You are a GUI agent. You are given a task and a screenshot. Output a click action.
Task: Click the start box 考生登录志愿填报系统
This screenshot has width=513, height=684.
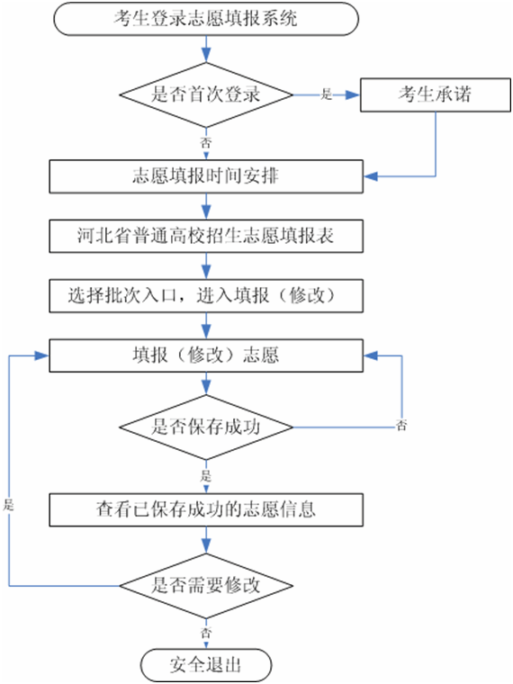point(206,19)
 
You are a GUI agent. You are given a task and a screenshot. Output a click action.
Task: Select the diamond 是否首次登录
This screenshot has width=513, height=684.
point(206,94)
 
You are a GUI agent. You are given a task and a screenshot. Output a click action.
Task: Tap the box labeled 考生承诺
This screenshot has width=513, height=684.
point(436,94)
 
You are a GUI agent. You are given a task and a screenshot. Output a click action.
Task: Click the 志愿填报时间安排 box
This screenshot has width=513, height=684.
point(206,176)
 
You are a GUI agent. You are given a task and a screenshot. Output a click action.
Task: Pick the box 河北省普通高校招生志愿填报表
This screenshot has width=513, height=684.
point(206,236)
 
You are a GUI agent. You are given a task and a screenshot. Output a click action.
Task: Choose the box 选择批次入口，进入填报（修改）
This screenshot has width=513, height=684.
point(206,296)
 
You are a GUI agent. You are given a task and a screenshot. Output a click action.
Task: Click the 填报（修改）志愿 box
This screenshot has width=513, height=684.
point(206,356)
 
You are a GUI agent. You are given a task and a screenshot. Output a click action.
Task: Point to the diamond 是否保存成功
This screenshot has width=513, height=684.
point(206,427)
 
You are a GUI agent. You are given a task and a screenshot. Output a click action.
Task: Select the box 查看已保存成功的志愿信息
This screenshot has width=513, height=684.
point(206,509)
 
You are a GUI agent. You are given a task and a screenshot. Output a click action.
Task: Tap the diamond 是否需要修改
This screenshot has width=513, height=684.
point(206,586)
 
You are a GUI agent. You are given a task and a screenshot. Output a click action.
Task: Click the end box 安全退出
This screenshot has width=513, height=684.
point(206,665)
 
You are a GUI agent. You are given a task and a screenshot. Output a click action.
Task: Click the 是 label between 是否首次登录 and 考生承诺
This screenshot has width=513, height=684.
point(327,94)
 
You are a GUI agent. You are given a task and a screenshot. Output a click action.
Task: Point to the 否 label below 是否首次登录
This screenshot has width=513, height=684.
point(205,142)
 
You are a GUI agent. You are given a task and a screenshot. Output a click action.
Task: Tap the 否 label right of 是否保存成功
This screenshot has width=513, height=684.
point(400,425)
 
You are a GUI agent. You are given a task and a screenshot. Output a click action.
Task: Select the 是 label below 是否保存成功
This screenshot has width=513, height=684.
point(205,475)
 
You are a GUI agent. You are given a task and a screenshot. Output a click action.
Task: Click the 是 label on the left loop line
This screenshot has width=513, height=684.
point(9,505)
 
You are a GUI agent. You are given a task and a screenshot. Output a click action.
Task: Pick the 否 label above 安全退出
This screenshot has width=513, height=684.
point(205,632)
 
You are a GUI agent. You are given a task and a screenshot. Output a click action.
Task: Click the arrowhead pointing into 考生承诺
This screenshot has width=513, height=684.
point(353,94)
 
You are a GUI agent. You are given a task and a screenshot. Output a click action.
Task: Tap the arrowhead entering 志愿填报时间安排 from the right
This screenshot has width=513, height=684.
point(371,176)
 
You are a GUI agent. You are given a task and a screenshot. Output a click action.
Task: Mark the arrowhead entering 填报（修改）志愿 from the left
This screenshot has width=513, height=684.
point(42,356)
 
